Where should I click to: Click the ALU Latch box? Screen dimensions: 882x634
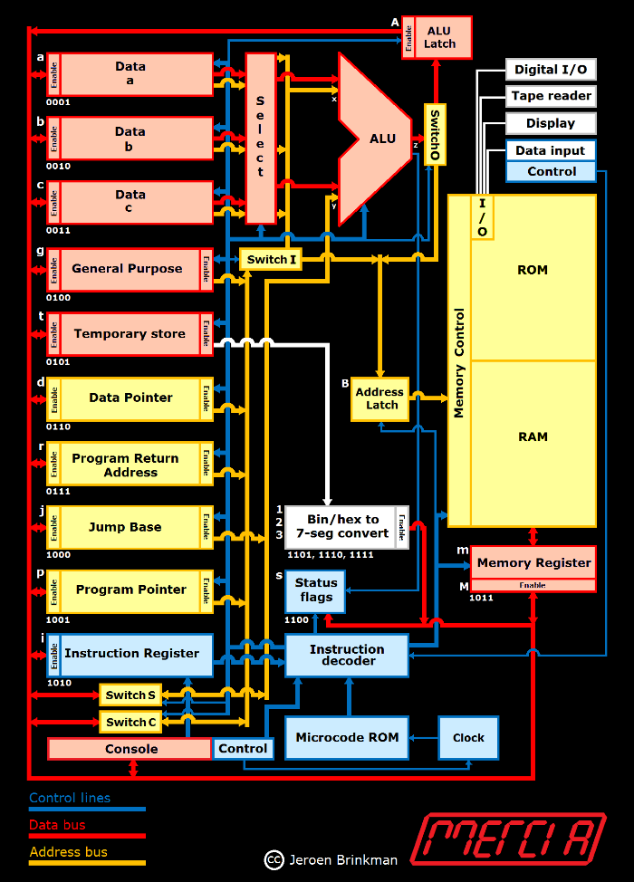[441, 37]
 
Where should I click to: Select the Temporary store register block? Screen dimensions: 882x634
[130, 334]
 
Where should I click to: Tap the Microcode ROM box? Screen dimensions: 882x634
[347, 737]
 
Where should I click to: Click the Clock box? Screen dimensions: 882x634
[468, 737]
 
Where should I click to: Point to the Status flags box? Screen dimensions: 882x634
[315, 590]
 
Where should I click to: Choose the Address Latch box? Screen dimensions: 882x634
[380, 398]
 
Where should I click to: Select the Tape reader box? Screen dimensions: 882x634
[551, 96]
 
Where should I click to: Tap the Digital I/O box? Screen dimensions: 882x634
[551, 70]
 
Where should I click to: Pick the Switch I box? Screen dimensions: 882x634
[271, 260]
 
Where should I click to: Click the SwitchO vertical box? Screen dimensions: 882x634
[435, 134]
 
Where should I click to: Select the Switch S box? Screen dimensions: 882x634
[130, 695]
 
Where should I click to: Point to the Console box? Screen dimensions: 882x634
[130, 749]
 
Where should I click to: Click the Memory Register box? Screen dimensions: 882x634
[533, 563]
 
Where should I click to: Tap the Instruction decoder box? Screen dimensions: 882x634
[347, 656]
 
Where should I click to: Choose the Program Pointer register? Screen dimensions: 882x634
[130, 590]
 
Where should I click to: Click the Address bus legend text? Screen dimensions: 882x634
[68, 851]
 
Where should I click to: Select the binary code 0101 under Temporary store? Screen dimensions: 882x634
[57, 362]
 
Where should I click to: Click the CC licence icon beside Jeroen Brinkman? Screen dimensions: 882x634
[273, 859]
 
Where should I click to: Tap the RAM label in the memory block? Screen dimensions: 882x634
[533, 436]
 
